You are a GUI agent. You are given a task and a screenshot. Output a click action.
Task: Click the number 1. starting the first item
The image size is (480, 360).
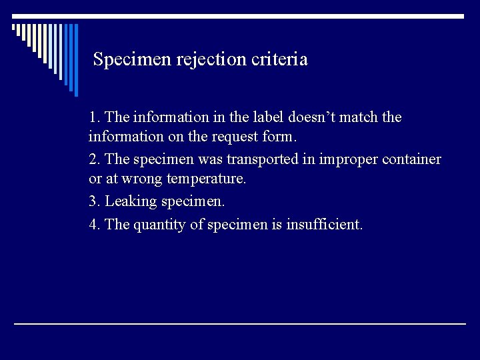(x=95, y=117)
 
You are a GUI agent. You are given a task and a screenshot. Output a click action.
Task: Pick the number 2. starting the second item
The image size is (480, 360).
(x=95, y=159)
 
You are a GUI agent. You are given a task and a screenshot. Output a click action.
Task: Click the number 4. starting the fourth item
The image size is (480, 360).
(x=95, y=225)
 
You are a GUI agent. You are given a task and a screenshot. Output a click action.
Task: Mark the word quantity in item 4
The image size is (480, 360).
(x=160, y=225)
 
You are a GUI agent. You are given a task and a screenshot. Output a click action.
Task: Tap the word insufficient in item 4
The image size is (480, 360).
(x=324, y=225)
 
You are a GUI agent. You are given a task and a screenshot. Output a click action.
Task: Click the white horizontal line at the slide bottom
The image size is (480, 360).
(x=240, y=324)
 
